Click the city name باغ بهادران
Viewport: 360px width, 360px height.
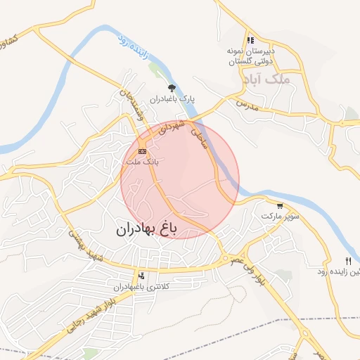click(148, 229)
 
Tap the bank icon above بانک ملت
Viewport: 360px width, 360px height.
click(142, 151)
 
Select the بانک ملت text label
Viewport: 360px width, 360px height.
click(141, 162)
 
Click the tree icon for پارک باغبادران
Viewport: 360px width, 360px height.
click(172, 88)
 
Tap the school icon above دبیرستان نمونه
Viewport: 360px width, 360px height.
click(250, 40)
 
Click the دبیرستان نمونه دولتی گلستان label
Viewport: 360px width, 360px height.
click(250, 56)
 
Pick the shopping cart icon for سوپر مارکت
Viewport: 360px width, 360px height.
click(281, 206)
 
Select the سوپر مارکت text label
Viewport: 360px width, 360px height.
click(276, 215)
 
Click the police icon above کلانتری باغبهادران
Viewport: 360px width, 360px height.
click(143, 276)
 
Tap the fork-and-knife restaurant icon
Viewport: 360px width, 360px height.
click(347, 261)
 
